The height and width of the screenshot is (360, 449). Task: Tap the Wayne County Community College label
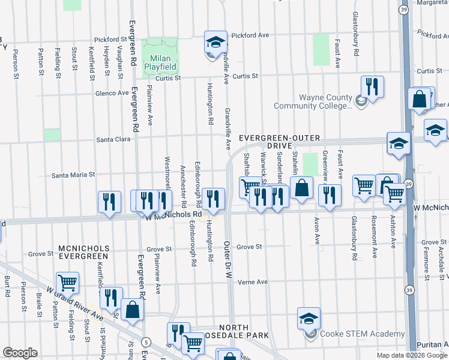312,102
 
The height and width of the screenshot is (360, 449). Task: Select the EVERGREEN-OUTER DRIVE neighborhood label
274,142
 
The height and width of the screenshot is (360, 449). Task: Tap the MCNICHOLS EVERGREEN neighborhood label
83,252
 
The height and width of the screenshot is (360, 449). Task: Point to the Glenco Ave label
112,93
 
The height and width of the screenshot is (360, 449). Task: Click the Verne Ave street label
252,282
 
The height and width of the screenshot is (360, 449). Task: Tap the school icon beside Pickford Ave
215,42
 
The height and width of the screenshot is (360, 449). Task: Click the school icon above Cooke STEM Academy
309,319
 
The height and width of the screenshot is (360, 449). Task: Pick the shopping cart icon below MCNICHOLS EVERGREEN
67,283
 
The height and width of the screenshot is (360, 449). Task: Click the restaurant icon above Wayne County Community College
372,87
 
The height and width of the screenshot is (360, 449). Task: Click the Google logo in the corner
20,353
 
